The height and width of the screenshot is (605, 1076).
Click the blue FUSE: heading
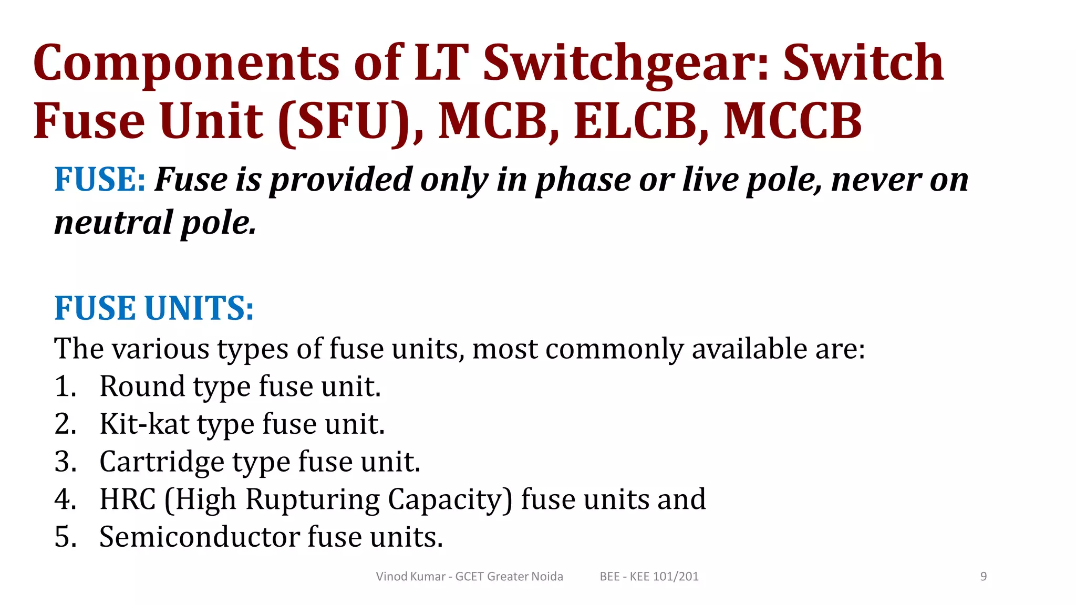tap(100, 180)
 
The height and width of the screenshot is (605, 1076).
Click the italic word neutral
tap(113, 223)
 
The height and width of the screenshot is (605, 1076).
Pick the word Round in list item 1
tap(142, 387)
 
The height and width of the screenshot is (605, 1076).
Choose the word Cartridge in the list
tap(161, 462)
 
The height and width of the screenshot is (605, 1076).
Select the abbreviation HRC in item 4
tap(128, 499)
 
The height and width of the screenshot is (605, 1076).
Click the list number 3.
tap(65, 462)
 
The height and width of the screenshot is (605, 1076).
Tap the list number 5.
tap(65, 537)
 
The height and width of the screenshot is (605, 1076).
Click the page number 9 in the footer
tap(984, 577)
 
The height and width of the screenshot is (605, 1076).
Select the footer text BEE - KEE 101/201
tap(649, 577)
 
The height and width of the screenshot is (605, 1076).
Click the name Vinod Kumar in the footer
tap(410, 577)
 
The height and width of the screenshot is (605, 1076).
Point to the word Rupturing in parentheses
tap(313, 500)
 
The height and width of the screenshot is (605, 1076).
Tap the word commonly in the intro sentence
tap(614, 349)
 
